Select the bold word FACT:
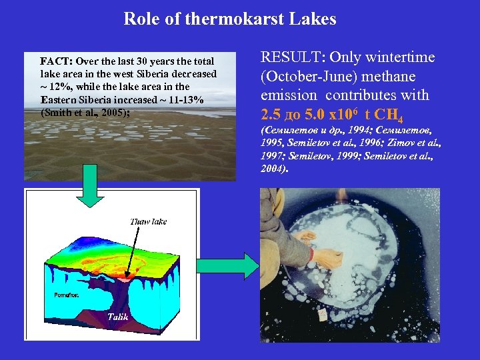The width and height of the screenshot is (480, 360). [x=57, y=61]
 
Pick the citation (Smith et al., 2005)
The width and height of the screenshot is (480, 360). [x=85, y=112]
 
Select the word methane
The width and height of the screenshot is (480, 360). [x=408, y=77]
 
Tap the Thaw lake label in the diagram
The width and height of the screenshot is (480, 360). [x=148, y=221]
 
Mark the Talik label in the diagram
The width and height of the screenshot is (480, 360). [x=117, y=317]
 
